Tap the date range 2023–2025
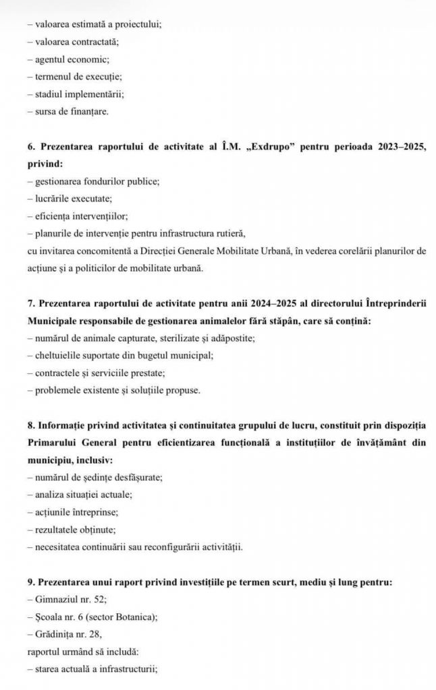pos(391,146)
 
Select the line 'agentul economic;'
pos(75,59)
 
